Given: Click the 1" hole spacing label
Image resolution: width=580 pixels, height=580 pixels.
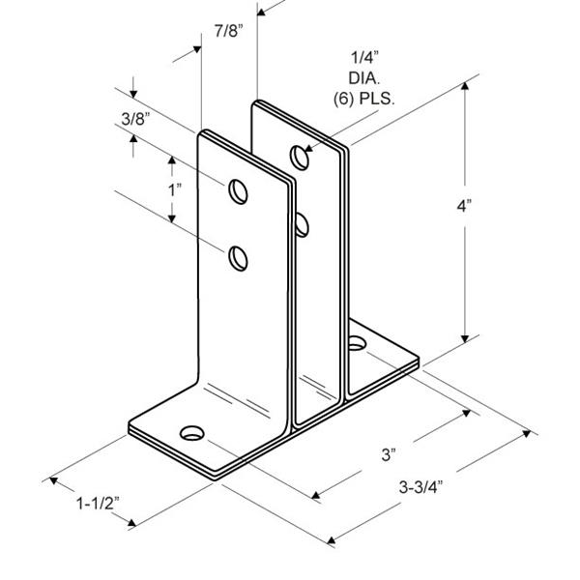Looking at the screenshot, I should pos(174,189).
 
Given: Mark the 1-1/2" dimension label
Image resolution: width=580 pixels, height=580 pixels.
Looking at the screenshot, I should pos(97,504).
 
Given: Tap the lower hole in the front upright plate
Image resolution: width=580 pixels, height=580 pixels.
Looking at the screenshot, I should pos(237,257).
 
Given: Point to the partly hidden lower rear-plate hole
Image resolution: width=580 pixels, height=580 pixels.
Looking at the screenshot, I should pos(303,226).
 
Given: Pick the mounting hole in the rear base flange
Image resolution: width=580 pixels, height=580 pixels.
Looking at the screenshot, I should pos(358,342).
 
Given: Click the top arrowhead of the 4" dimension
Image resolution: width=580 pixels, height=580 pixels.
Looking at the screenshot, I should pos(468,87).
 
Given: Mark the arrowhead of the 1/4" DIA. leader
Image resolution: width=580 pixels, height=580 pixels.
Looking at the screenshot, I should pos(306,149).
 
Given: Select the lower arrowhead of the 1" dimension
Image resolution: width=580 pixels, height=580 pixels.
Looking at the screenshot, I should pos(173,221).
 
